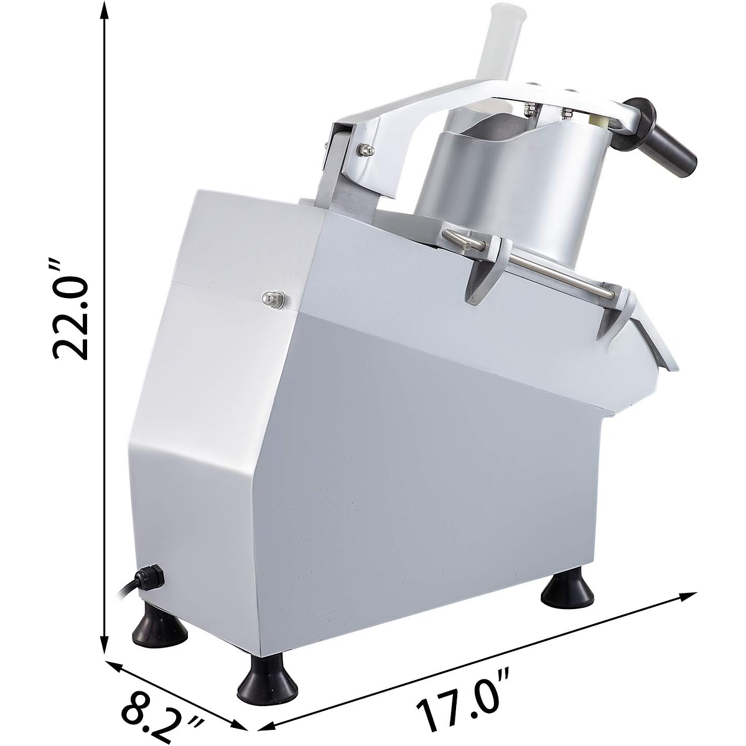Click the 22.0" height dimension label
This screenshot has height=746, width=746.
pos(70,309)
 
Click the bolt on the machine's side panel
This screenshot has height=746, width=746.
pos(273,299)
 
